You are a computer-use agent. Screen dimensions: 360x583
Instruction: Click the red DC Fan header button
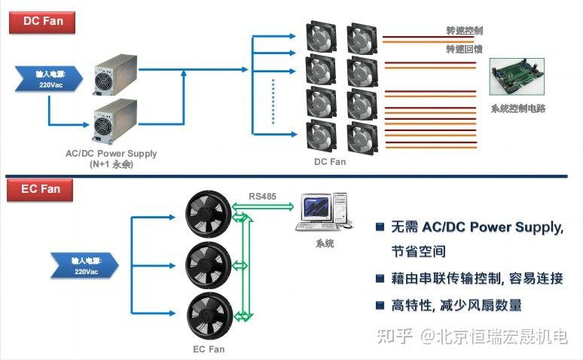pos(42,21)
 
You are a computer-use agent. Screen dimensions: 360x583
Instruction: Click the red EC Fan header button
pos(41,188)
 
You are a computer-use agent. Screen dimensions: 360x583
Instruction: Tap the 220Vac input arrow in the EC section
pos(85,265)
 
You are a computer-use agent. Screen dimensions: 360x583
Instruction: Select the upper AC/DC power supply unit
pos(115,75)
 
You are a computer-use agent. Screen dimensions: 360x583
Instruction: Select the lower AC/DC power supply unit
pos(115,124)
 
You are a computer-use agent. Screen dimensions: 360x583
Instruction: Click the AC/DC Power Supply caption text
pos(111,154)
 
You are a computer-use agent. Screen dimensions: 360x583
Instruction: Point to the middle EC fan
pos(209,264)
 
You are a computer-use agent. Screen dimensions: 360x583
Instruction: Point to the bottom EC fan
pos(209,315)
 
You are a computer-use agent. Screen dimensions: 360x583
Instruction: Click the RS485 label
pos(262,197)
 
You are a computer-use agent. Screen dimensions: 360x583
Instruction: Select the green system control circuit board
pos(519,79)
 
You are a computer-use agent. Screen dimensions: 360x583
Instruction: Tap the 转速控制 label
pos(464,31)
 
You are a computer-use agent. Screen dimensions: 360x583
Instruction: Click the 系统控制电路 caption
pos(517,108)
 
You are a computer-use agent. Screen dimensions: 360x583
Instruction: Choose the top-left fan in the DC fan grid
pos(321,38)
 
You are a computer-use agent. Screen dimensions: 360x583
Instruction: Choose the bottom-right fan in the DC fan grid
pos(362,139)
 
